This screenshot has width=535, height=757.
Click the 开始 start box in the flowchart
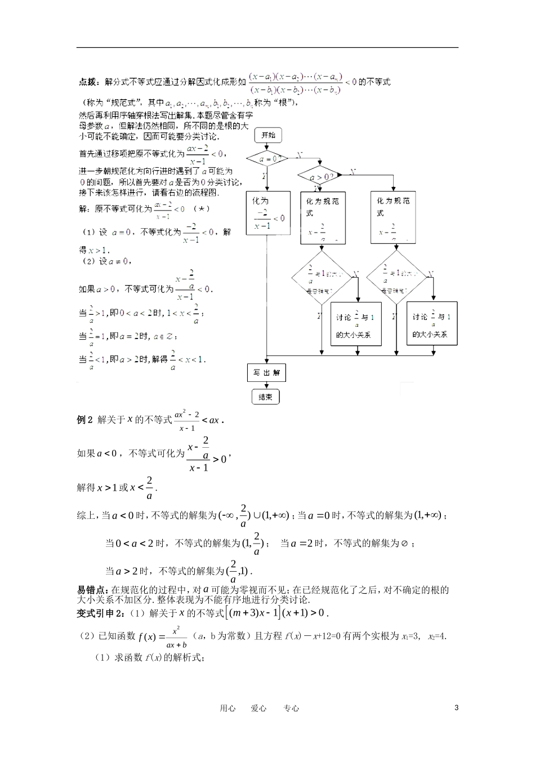268,135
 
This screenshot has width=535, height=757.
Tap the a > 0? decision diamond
319,176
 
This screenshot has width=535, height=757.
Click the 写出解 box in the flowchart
266,373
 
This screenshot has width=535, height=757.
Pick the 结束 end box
265,397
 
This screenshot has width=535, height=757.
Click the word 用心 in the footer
228,709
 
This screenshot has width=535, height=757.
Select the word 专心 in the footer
292,709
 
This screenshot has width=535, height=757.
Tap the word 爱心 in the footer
259,709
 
